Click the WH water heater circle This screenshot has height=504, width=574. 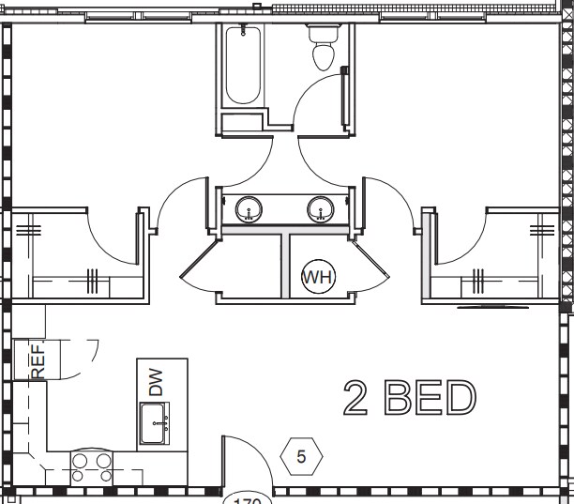click(318, 278)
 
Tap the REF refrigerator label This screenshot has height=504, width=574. click(38, 359)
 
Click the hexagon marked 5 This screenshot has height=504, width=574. click(302, 457)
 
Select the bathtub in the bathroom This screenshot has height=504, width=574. click(243, 65)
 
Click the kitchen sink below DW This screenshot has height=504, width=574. click(156, 425)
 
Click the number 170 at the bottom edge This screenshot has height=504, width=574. click(246, 500)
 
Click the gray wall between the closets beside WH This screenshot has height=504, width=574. click(285, 265)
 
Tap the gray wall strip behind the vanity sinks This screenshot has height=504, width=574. click(285, 229)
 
